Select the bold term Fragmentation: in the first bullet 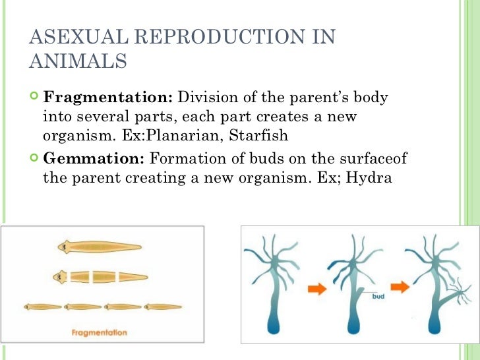click(107, 98)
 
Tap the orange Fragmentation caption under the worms click(100, 332)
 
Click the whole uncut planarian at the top click(99, 247)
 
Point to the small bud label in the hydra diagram click(378, 297)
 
